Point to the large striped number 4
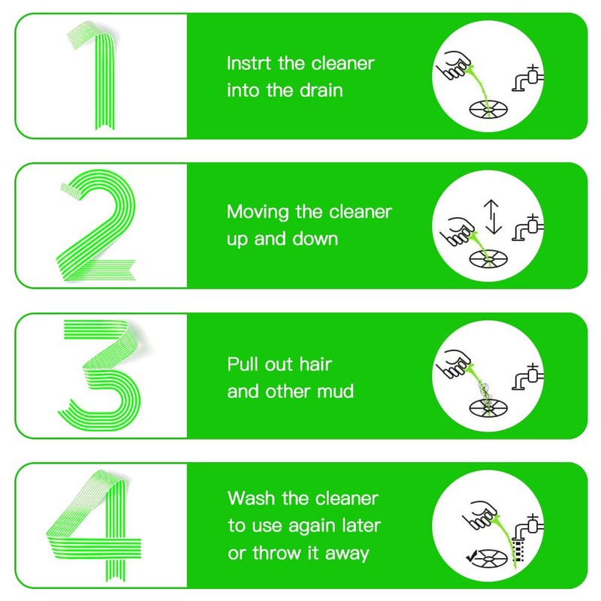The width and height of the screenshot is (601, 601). (114, 536)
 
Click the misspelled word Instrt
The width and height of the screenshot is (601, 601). (249, 63)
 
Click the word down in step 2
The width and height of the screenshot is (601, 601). (315, 239)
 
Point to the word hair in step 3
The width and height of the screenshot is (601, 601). (316, 364)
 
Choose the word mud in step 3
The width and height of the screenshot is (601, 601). (337, 391)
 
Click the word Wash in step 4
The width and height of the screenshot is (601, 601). (251, 498)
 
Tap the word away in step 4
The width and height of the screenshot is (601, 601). (347, 554)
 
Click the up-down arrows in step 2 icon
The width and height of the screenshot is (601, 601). (493, 217)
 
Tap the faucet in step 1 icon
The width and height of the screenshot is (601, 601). (528, 79)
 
